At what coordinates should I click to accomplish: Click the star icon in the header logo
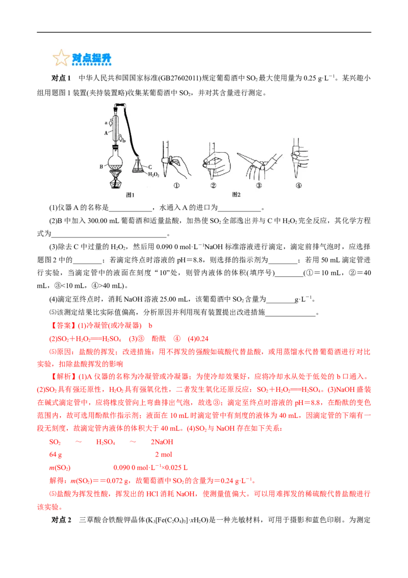[x=61, y=58]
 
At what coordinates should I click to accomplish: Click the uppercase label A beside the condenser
[x=106, y=132]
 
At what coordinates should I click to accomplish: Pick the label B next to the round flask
[x=102, y=166]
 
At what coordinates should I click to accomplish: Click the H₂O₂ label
[x=154, y=175]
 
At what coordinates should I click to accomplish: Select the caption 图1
[x=130, y=195]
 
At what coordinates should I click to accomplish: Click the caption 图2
[x=236, y=195]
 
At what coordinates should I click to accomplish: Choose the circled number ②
[x=213, y=186]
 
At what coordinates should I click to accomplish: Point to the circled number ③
[x=259, y=186]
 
